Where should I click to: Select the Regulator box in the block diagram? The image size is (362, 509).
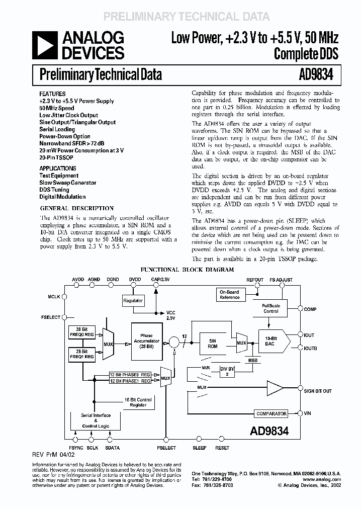click(x=133, y=301)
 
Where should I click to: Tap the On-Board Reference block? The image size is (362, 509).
click(x=230, y=294)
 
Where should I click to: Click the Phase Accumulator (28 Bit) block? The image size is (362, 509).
click(x=146, y=341)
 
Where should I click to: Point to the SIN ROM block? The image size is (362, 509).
click(x=213, y=344)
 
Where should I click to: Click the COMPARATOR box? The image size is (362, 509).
click(x=271, y=413)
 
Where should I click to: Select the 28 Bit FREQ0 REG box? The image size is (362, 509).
click(x=81, y=332)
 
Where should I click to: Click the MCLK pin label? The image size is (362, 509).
click(x=54, y=297)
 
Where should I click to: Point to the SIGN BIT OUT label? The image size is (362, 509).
click(x=318, y=390)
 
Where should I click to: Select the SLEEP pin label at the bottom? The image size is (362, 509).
click(x=200, y=447)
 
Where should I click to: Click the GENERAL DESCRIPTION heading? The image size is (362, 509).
click(x=76, y=208)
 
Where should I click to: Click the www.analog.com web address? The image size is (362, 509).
click(x=322, y=479)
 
